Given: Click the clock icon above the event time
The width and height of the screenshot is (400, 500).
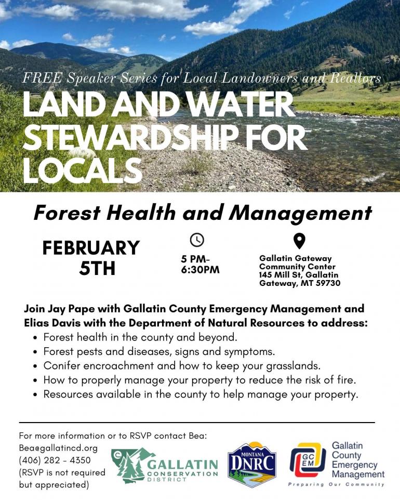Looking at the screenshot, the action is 197,240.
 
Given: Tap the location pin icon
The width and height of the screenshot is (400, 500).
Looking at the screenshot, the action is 299,241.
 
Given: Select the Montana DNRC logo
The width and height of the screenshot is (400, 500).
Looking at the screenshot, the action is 252,465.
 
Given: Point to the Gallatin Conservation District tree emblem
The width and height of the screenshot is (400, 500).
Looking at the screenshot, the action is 129,465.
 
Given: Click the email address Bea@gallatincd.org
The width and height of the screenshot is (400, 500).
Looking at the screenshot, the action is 58,448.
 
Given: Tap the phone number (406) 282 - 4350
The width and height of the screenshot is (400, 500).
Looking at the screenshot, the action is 55,460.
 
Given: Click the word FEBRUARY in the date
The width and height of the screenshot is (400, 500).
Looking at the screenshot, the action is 91,248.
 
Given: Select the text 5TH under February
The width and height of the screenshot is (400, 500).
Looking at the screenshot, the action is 97,268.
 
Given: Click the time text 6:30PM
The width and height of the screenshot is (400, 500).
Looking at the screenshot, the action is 201,270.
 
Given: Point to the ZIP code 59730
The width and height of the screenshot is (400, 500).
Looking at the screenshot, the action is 328,283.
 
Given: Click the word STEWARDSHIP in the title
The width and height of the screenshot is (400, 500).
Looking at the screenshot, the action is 130,137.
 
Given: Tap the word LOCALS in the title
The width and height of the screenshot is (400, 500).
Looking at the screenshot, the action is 83,170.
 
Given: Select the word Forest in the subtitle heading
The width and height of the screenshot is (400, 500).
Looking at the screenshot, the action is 67,213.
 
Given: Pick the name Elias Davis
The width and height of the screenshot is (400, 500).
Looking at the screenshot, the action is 52,323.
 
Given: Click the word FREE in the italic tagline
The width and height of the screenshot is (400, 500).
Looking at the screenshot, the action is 42,78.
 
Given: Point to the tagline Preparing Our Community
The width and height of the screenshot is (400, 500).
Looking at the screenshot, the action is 336,484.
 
